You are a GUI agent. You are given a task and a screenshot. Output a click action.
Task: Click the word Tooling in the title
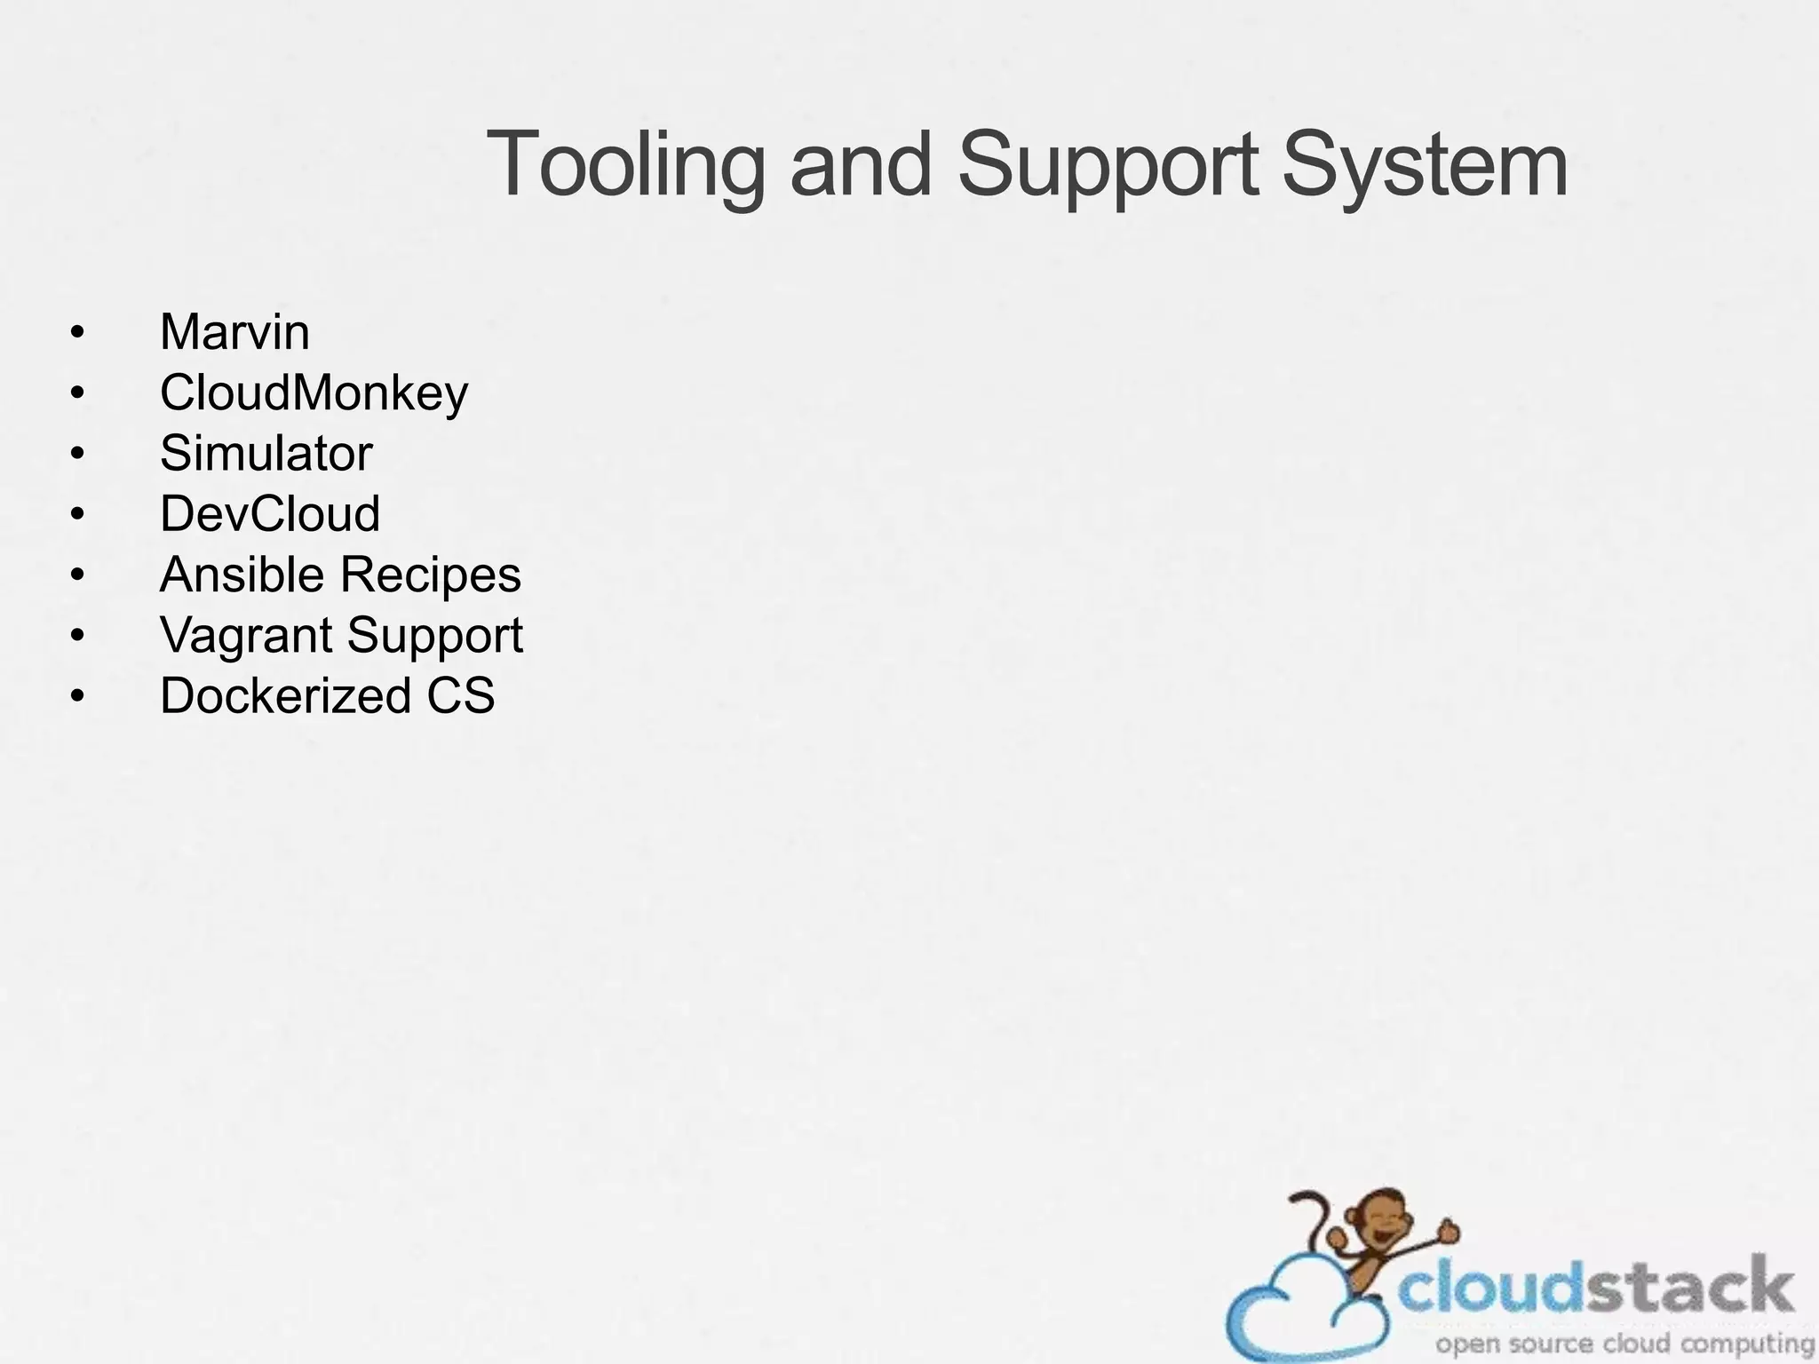[625, 166]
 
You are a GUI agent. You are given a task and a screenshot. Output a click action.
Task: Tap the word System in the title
[1425, 166]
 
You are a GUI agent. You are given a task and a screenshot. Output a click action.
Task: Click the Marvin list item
[234, 332]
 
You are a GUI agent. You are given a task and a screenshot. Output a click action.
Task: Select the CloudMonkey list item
[314, 393]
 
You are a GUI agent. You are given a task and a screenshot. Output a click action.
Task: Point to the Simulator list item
[266, 453]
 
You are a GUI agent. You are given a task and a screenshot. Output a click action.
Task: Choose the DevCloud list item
[270, 513]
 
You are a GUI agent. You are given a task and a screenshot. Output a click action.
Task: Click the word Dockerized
[285, 695]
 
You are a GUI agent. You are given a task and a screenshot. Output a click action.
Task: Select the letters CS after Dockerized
[460, 695]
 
